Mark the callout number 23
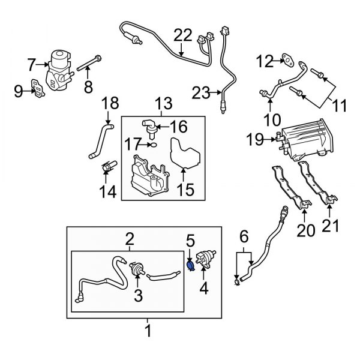pos(202,92)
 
